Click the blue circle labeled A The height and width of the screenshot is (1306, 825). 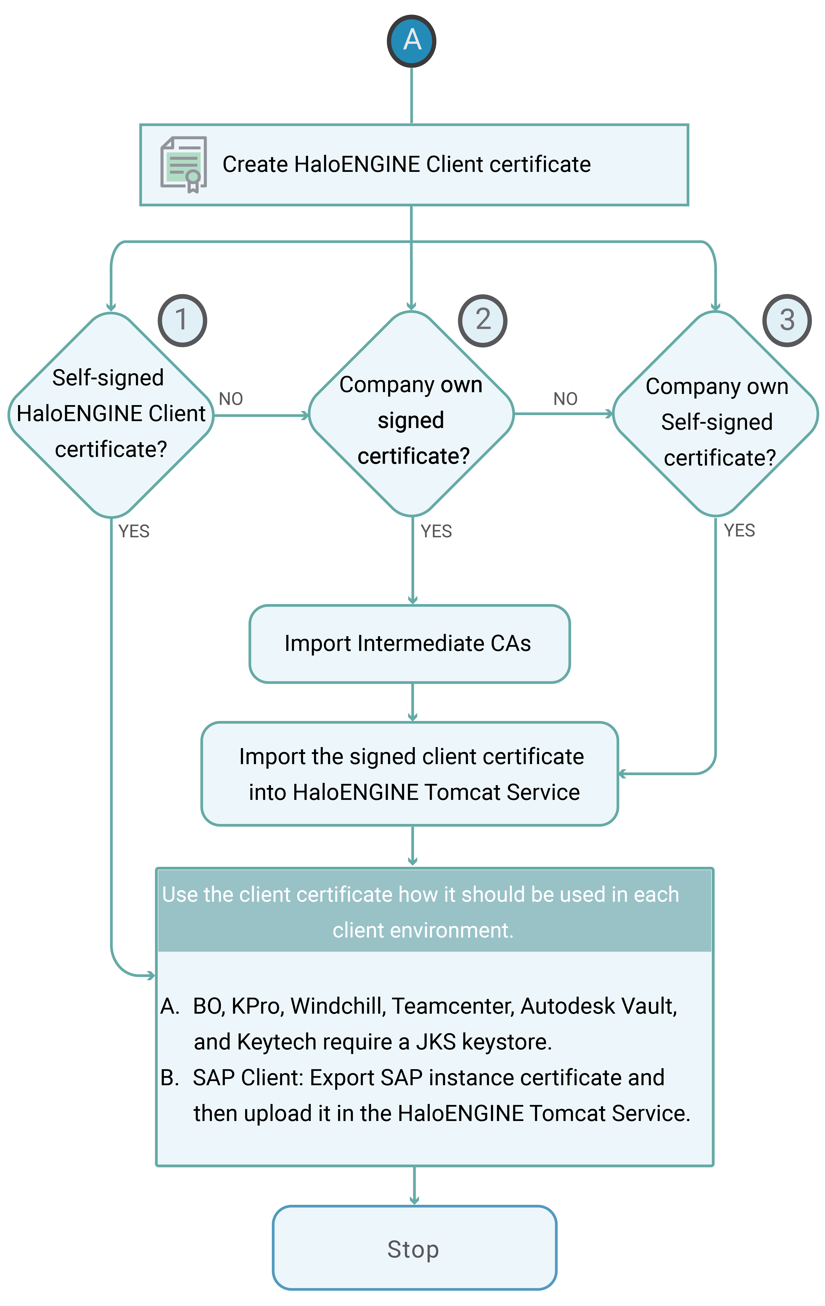412,41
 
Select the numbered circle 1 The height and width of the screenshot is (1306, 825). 182,320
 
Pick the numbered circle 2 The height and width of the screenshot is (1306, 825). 482,320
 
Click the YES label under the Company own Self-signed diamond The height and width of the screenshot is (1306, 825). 739,530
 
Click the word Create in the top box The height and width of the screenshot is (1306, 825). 255,164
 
